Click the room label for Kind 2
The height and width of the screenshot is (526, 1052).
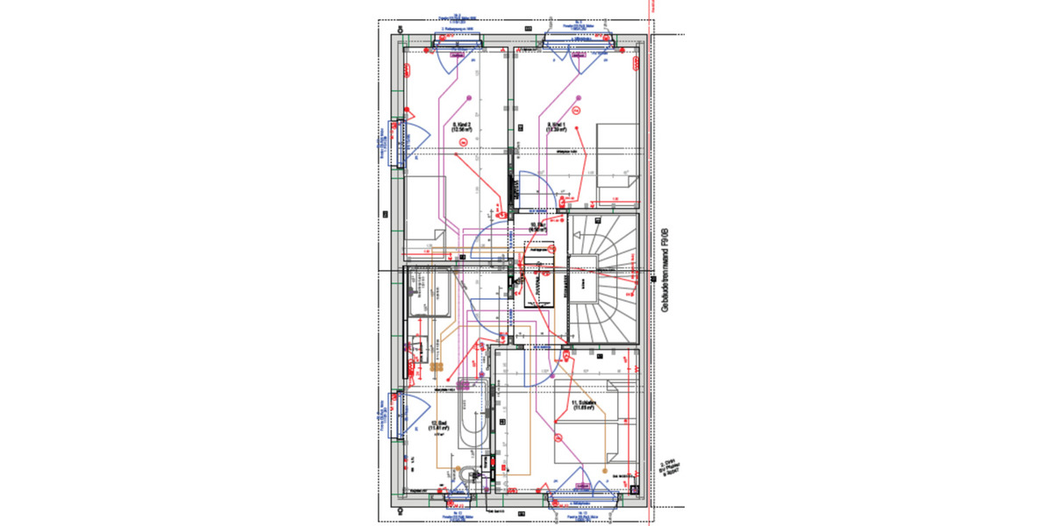pyautogui.click(x=462, y=128)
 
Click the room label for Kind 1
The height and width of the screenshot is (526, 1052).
pyautogui.click(x=557, y=128)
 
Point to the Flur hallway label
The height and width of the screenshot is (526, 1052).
pyautogui.click(x=537, y=228)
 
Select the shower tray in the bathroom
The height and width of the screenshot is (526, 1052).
pyautogui.click(x=429, y=293)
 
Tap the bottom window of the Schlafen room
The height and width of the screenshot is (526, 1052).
pyautogui.click(x=579, y=501)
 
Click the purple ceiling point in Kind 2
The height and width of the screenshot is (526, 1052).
pyautogui.click(x=470, y=97)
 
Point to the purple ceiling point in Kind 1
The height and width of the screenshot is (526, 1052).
pyautogui.click(x=578, y=97)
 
